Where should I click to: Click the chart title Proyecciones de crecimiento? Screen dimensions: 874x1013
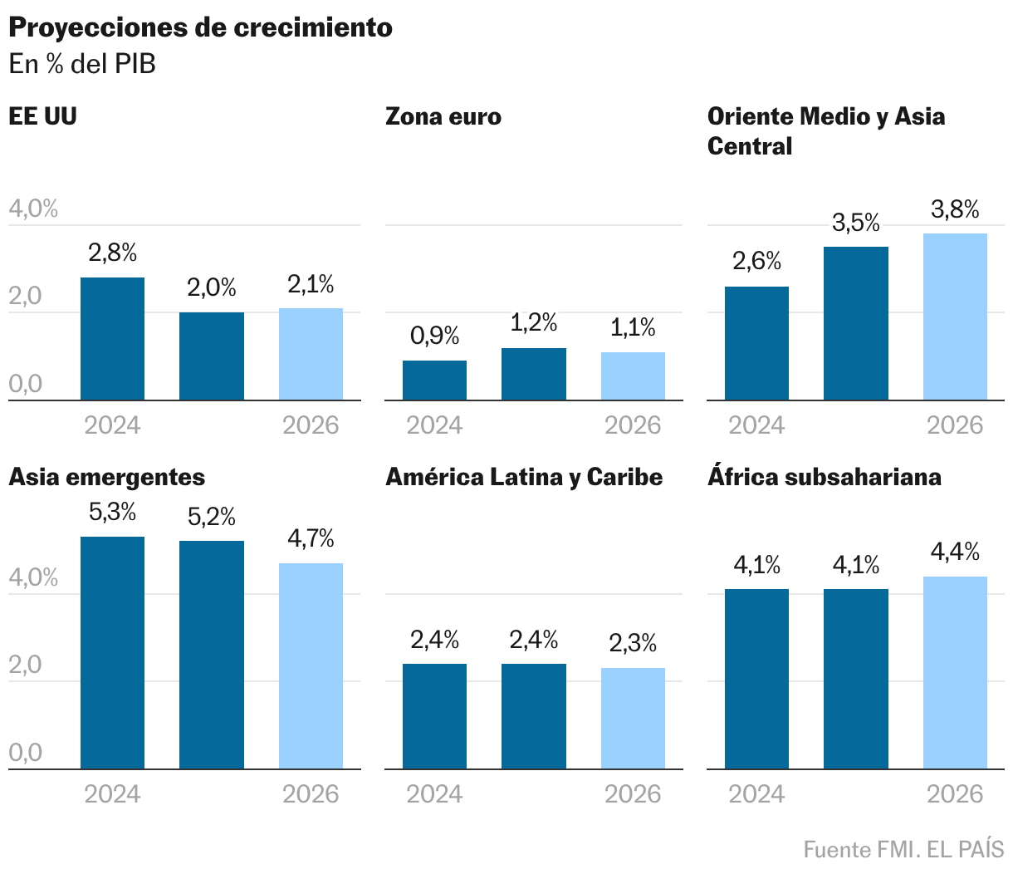tap(200, 27)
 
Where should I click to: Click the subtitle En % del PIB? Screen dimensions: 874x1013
tap(82, 64)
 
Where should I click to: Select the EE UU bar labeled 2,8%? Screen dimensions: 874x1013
tap(112, 339)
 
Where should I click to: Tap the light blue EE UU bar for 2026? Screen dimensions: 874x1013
tap(311, 355)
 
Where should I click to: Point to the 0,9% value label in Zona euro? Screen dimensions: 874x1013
tap(434, 336)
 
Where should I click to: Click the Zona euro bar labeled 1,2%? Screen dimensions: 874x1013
tap(534, 374)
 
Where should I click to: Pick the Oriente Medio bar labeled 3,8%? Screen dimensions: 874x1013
tap(955, 317)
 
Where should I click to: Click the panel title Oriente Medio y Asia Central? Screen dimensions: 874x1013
tap(825, 130)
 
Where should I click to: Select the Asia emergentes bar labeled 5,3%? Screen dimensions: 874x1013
tap(112, 652)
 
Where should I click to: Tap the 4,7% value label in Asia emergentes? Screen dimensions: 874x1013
tap(311, 539)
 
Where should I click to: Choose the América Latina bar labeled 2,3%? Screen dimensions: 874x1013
tap(633, 718)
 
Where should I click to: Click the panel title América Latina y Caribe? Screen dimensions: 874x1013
tap(524, 477)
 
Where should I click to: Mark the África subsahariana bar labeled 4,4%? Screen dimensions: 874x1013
tap(955, 672)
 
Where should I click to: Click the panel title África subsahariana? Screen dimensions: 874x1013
tap(824, 477)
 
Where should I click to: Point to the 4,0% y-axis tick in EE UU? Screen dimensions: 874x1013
tap(33, 209)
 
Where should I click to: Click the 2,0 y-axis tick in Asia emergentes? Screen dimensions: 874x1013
tap(25, 665)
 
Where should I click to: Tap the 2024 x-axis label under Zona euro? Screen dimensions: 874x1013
tap(434, 425)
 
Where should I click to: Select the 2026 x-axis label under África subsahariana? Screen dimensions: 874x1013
tap(955, 794)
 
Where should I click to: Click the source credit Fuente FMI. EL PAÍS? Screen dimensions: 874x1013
tap(903, 850)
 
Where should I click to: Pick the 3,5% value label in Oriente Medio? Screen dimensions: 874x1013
tap(856, 223)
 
